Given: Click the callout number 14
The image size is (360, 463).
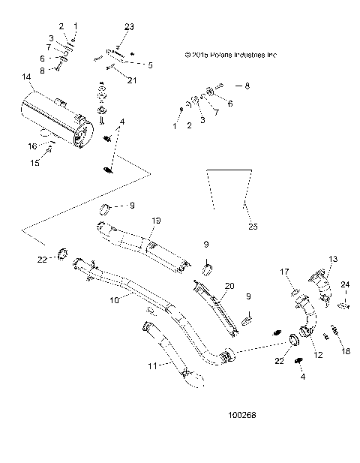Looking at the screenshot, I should [x=26, y=77].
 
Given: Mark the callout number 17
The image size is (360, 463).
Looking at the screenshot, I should [x=285, y=271].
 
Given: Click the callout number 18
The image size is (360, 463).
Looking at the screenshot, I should [x=345, y=350].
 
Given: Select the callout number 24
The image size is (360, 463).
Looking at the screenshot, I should [x=346, y=284].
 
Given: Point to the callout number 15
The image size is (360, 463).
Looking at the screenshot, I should [x=32, y=162].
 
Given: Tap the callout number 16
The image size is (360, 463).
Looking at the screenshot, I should [x=32, y=146].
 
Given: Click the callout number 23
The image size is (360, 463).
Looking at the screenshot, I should [x=128, y=27].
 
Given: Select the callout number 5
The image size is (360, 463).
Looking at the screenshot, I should [x=150, y=65].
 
